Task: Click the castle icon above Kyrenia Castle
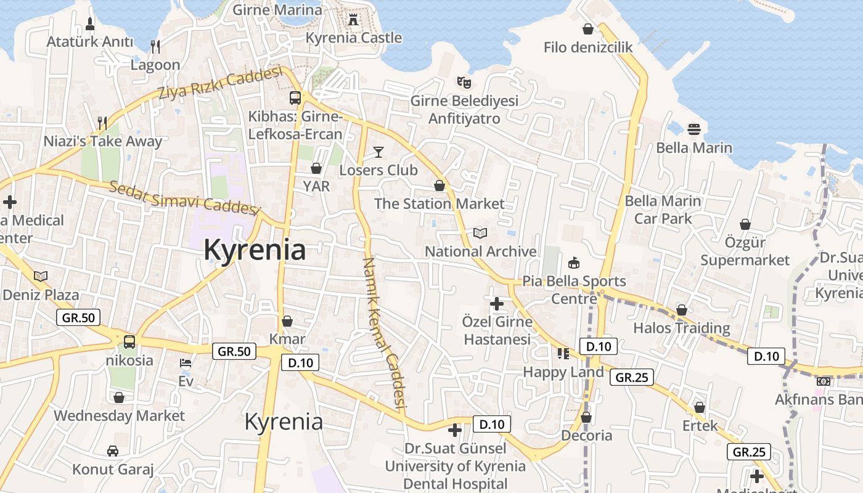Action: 353,20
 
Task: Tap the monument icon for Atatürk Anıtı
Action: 90,25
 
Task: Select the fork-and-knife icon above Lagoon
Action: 155,46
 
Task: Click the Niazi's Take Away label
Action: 102,141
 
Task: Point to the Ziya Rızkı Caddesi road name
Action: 219,85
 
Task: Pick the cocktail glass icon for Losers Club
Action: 378,152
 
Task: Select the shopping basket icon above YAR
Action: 316,168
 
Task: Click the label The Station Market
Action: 439,203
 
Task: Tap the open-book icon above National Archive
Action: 480,233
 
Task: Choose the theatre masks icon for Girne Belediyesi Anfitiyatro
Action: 464,81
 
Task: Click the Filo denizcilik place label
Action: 588,47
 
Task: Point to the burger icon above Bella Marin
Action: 694,129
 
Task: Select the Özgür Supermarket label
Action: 745,251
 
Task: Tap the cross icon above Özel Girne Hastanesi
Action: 497,303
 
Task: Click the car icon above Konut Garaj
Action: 113,451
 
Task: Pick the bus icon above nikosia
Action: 129,341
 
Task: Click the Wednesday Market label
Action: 119,416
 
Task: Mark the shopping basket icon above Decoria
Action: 586,417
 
